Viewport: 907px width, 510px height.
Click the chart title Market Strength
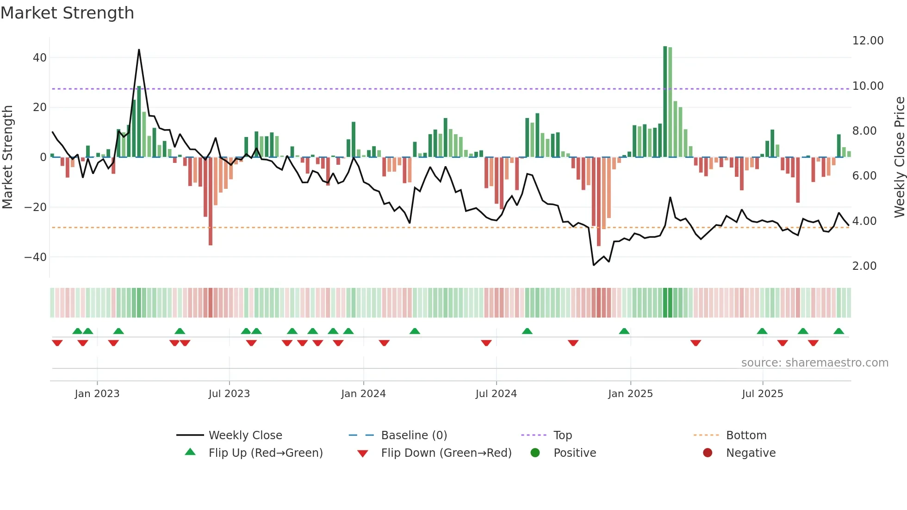click(68, 13)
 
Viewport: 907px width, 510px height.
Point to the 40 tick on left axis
click(40, 58)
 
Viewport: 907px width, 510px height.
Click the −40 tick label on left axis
click(36, 257)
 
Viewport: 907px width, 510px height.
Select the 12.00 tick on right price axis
click(868, 41)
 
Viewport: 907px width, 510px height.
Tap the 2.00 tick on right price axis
click(864, 266)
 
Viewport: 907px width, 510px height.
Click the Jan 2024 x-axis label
click(363, 394)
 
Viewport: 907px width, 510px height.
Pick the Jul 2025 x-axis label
click(762, 394)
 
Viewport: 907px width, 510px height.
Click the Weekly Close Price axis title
click(899, 157)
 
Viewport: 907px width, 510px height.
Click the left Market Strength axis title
click(7, 157)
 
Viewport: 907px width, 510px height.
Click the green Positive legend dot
click(535, 453)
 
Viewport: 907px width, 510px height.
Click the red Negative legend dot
click(708, 453)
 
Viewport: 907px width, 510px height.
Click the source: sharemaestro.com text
click(814, 363)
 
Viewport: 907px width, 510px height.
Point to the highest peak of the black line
click(139, 50)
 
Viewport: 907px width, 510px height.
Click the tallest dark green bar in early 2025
click(665, 102)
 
